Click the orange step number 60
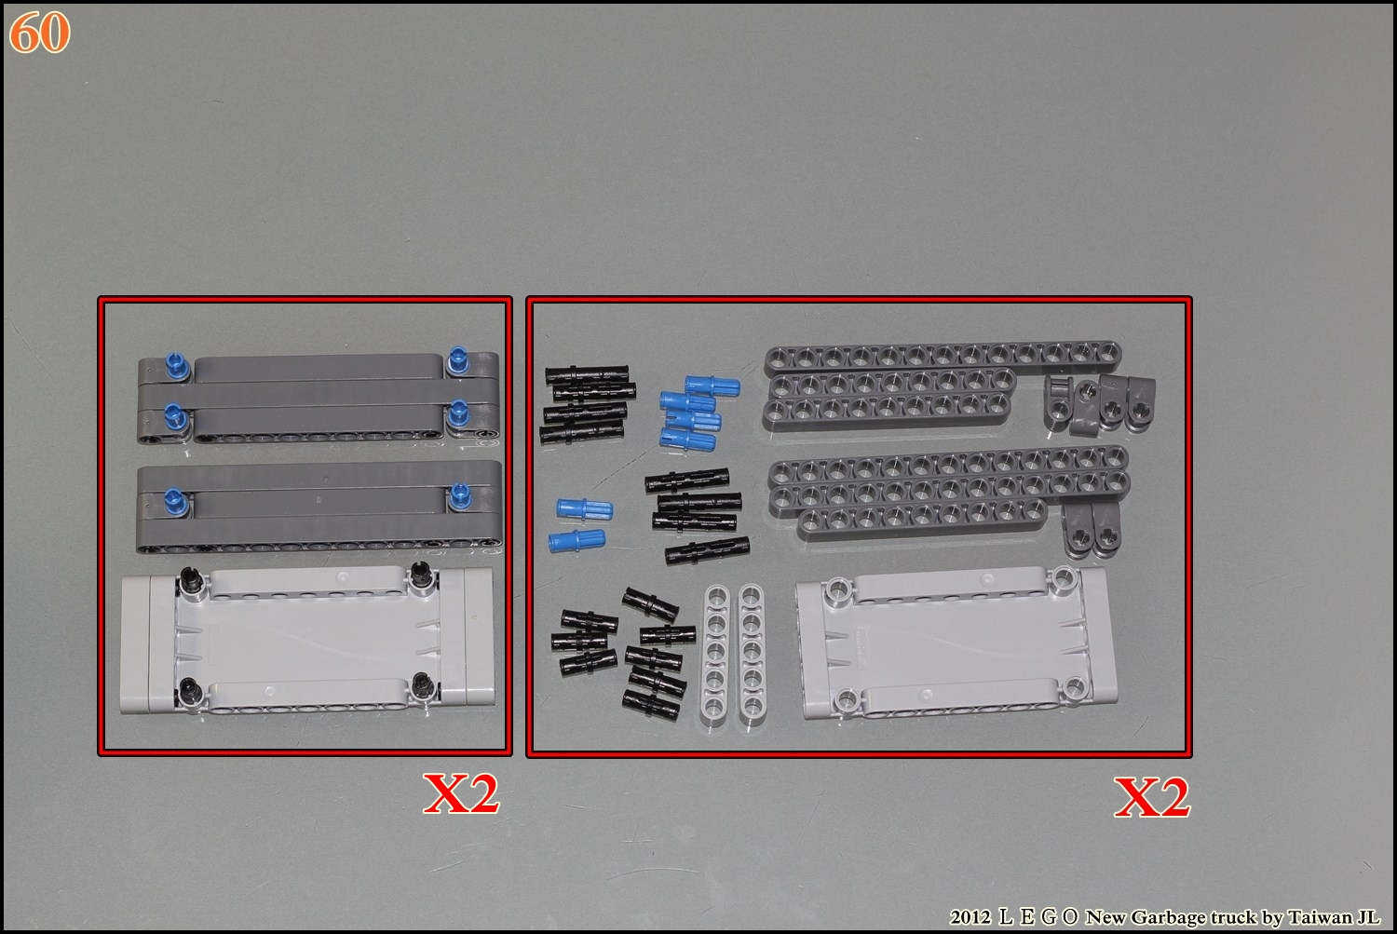[x=39, y=33]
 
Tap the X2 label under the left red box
[x=461, y=793]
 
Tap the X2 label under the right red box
[x=1152, y=797]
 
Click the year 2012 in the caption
[x=970, y=917]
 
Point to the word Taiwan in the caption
[x=1321, y=917]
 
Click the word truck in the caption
[x=1234, y=917]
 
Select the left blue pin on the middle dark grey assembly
[x=175, y=503]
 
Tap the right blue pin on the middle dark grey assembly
[x=460, y=495]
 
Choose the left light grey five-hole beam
[x=716, y=654]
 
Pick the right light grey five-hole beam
[x=753, y=654]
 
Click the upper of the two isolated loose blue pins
[x=585, y=508]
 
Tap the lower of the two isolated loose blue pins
[x=576, y=541]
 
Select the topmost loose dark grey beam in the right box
[x=943, y=358]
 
